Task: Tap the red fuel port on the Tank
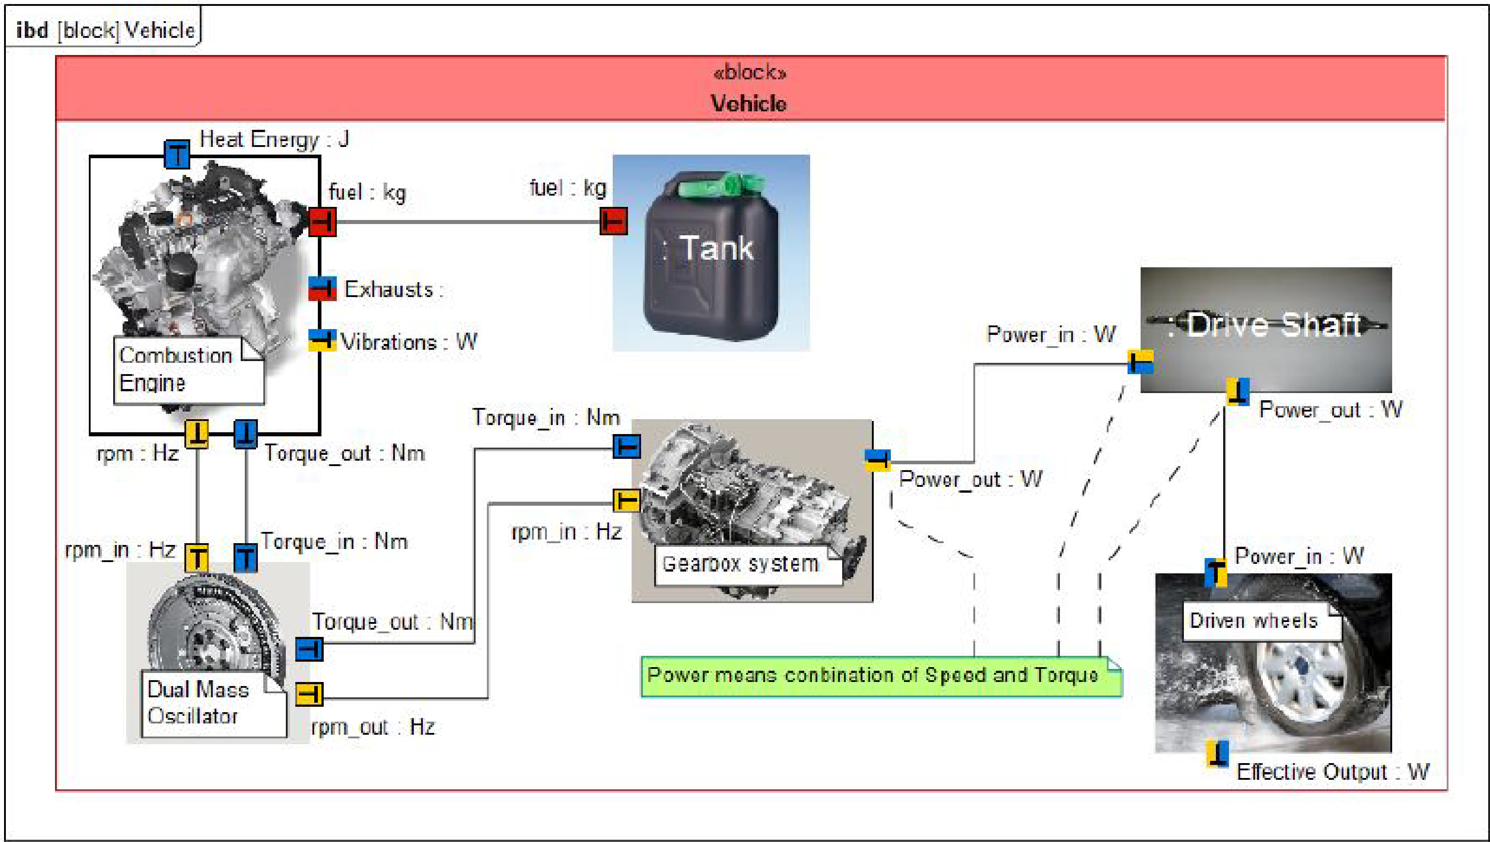tap(613, 221)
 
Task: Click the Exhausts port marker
tap(322, 288)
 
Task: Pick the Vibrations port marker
tap(322, 340)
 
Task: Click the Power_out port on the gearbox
tap(877, 460)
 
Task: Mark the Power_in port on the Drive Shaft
tap(1140, 362)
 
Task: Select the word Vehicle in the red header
tap(748, 104)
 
